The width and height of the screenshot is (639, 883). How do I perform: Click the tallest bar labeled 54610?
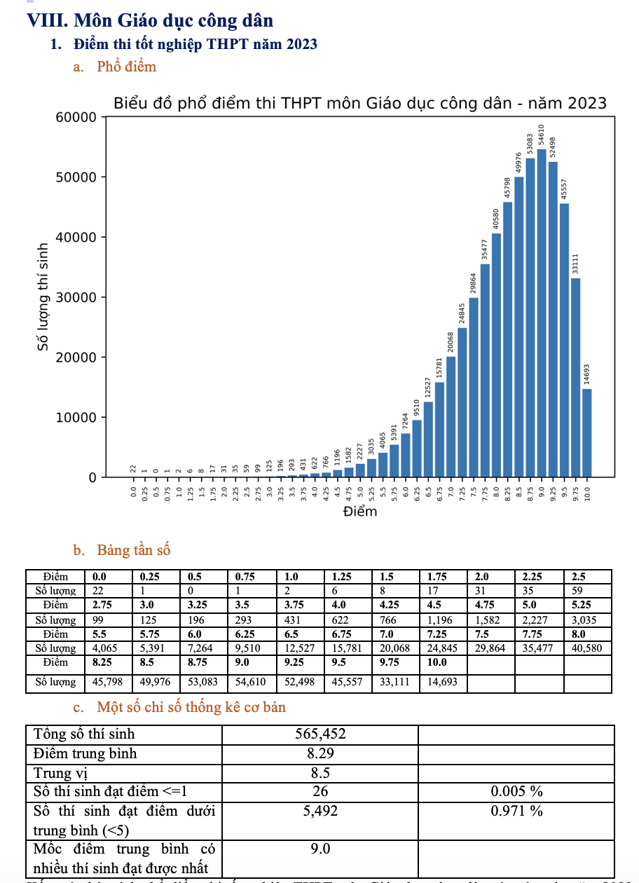pyautogui.click(x=542, y=313)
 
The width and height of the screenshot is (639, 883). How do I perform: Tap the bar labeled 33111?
pyautogui.click(x=576, y=378)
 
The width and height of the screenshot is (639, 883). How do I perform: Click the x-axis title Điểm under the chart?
pyautogui.click(x=360, y=512)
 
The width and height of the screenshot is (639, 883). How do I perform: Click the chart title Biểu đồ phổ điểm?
pyautogui.click(x=359, y=104)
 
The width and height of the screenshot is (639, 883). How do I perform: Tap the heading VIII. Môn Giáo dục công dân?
pyautogui.click(x=149, y=20)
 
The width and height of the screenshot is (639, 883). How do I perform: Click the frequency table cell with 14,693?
pyautogui.click(x=443, y=681)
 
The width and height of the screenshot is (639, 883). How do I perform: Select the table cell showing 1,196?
pyautogui.click(x=443, y=620)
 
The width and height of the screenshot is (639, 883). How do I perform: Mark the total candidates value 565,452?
pyautogui.click(x=320, y=734)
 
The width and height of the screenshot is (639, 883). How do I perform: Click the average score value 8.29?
pyautogui.click(x=320, y=754)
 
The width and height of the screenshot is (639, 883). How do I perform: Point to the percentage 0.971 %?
pyautogui.click(x=516, y=811)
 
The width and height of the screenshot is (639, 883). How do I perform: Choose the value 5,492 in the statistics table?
pyautogui.click(x=320, y=811)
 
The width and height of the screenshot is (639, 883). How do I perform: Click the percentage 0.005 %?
pyautogui.click(x=516, y=791)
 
